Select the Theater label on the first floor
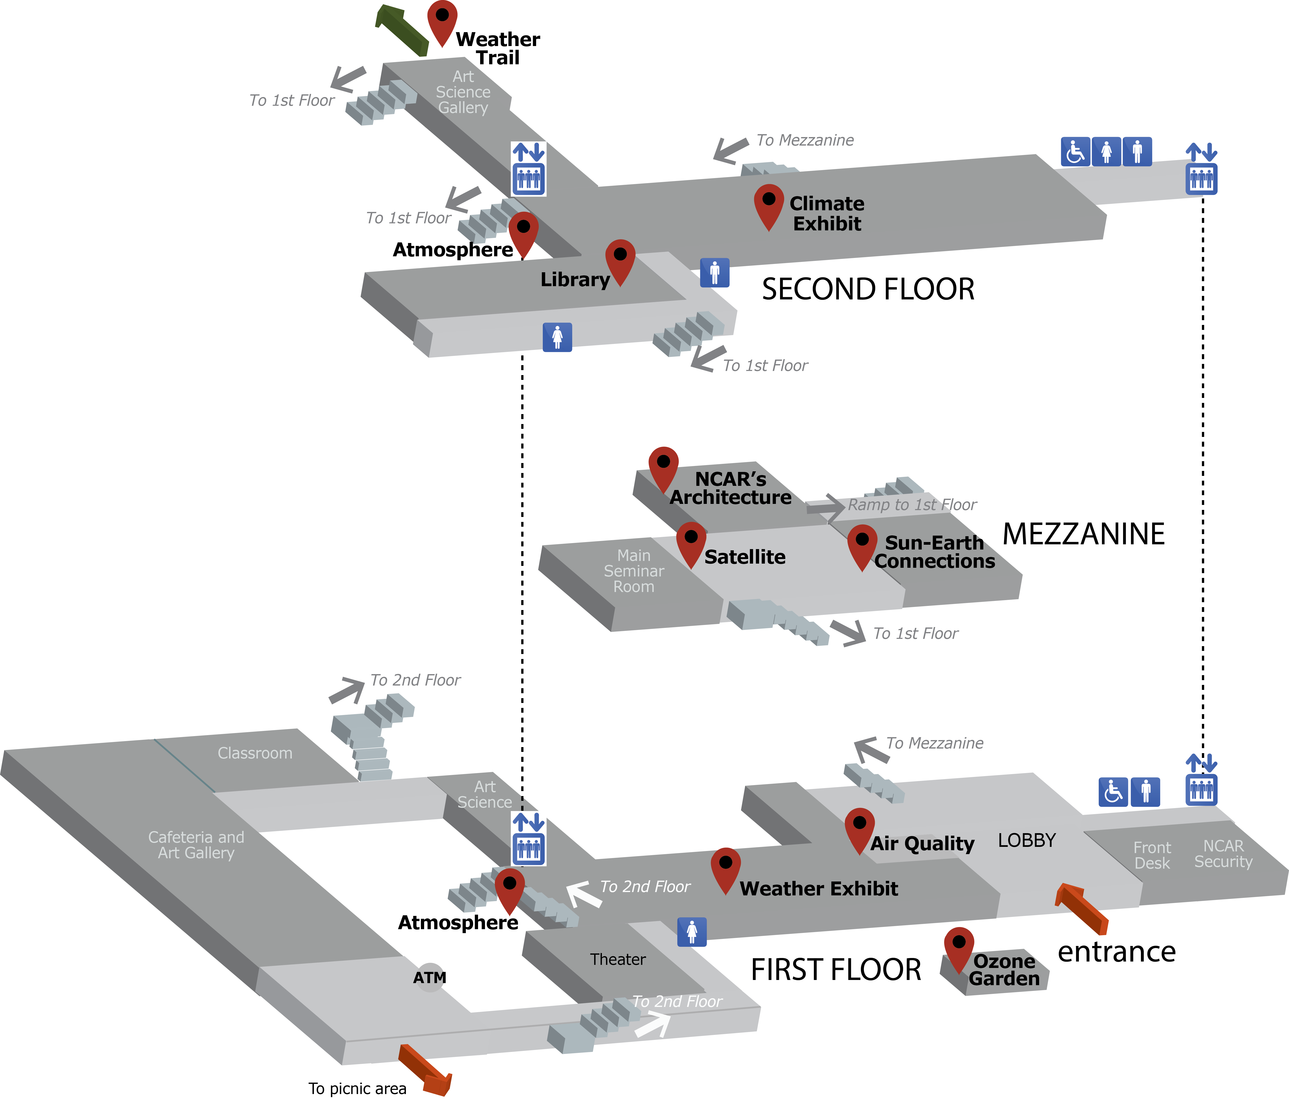click(x=618, y=959)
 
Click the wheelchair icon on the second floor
click(x=1075, y=152)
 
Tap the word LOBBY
click(x=1026, y=840)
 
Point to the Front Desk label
click(x=1152, y=855)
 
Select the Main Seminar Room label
click(x=634, y=571)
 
